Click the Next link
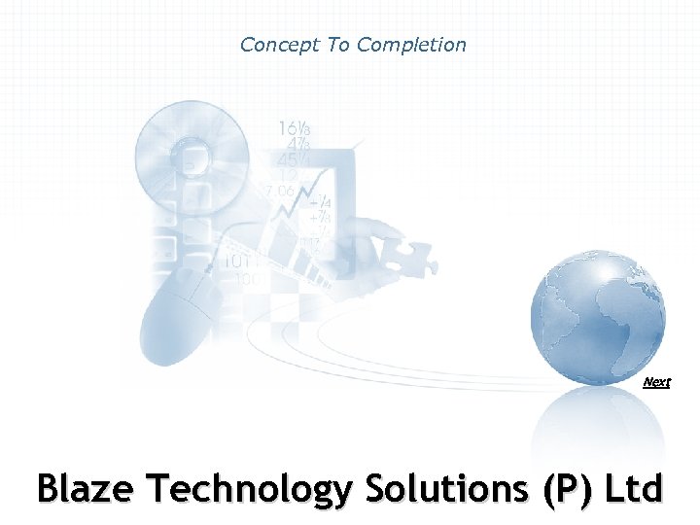coord(656,382)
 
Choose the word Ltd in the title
coord(632,488)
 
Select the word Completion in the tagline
coord(411,45)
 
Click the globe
coord(598,311)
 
